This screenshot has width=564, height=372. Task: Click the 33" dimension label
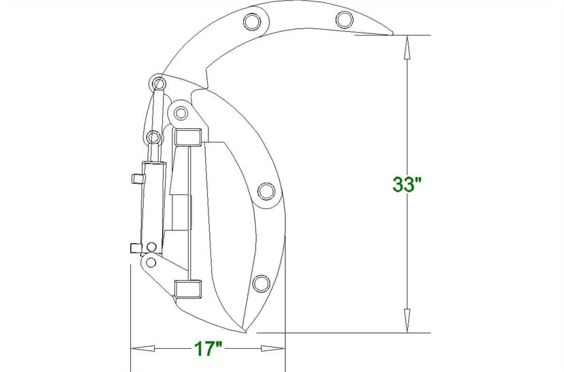pos(407,185)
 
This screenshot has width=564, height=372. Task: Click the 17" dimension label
pos(208,349)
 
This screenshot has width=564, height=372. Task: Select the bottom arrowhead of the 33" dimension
pos(407,320)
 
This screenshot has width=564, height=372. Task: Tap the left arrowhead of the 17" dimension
pos(142,349)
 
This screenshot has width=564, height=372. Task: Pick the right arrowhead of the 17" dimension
pos(272,349)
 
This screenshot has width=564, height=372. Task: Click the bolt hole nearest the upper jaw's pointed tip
pos(344,20)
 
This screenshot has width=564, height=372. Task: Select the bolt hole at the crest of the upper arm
pos(252,22)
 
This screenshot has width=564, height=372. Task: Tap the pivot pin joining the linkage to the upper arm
pos(159,84)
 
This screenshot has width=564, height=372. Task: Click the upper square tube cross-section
pos(187,137)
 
